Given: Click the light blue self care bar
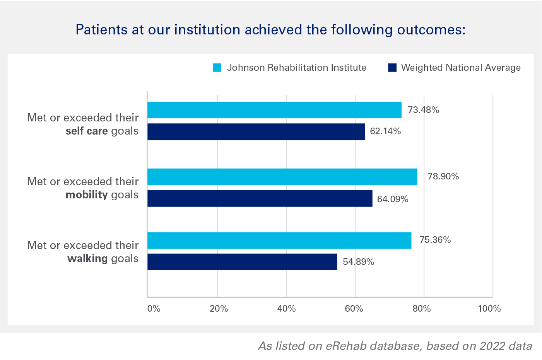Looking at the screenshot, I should tap(274, 110).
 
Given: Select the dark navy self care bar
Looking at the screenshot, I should tap(256, 132).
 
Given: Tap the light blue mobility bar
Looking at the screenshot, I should tap(282, 177).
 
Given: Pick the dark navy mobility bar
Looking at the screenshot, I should tap(260, 198).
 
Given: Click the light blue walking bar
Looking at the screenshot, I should tap(279, 241).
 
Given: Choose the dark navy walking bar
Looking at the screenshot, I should tap(242, 262).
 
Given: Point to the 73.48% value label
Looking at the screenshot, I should tap(423, 110).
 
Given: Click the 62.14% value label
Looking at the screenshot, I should tap(385, 131).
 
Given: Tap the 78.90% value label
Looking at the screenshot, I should tap(443, 177).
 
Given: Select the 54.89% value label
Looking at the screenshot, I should tap(358, 262).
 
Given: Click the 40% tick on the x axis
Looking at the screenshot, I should tap(286, 309).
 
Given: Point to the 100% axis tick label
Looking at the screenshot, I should tap(489, 309).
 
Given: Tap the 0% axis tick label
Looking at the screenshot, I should tap(154, 309).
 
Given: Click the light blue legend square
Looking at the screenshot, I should tap(217, 68).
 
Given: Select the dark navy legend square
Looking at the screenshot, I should tap(392, 68).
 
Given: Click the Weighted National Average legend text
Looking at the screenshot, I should tap(460, 68).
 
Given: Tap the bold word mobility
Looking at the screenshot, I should tap(86, 195).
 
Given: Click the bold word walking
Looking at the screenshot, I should tap(87, 258).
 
